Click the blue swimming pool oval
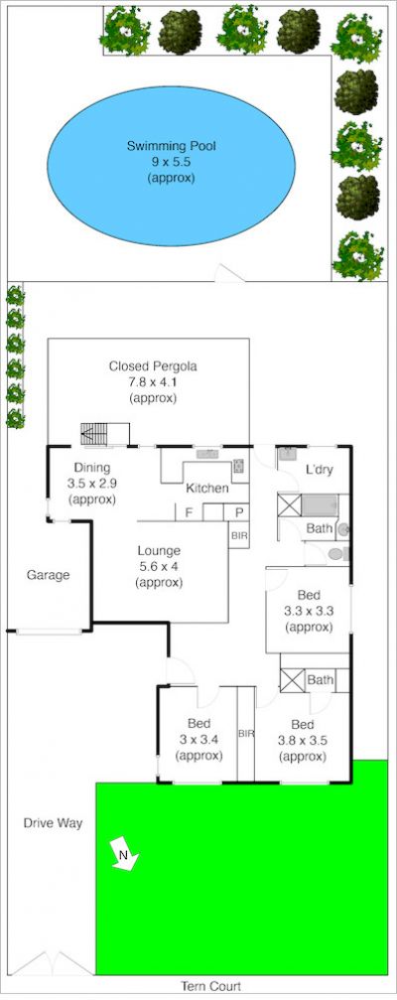tap(172, 166)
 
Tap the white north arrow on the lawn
tap(125, 853)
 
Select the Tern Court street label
tap(211, 987)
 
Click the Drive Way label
tap(53, 822)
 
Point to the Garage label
tap(48, 575)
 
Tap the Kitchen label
tap(207, 489)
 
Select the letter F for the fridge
tap(189, 512)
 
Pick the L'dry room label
tap(320, 471)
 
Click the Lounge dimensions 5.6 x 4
tap(159, 566)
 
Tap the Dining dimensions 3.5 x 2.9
tap(91, 484)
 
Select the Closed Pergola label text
tap(153, 366)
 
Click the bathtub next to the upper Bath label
tap(319, 505)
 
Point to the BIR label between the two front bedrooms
tap(246, 734)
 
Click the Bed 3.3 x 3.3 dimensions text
tap(309, 611)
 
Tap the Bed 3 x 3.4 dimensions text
tap(198, 740)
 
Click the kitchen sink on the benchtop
tap(207, 454)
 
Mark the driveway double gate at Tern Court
tap(53, 963)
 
